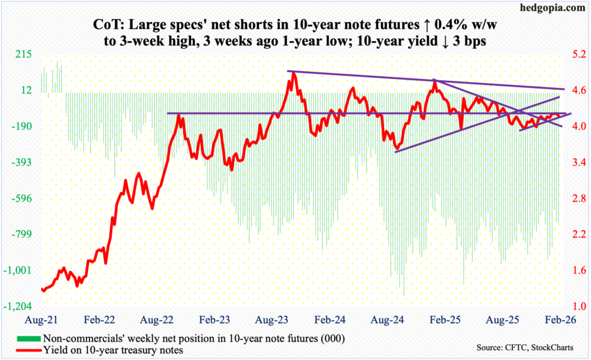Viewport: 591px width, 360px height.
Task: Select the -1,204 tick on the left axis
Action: [x=22, y=306]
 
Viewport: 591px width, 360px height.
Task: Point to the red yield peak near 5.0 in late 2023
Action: [x=293, y=73]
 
